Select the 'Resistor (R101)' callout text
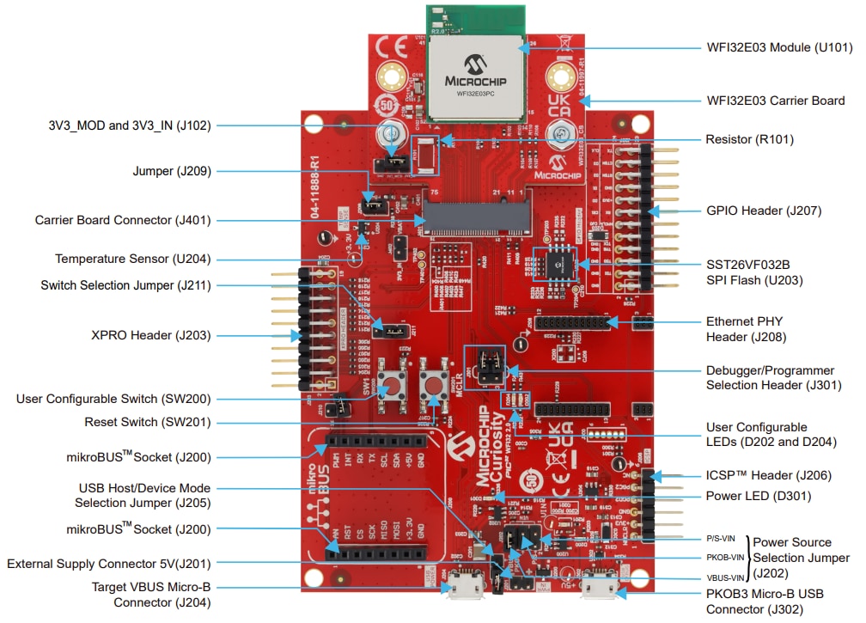[x=749, y=139]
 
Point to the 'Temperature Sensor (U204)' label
[x=132, y=259]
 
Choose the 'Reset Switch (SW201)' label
[x=147, y=422]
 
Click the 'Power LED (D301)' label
[x=758, y=496]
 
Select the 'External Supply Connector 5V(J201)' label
[x=108, y=564]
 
